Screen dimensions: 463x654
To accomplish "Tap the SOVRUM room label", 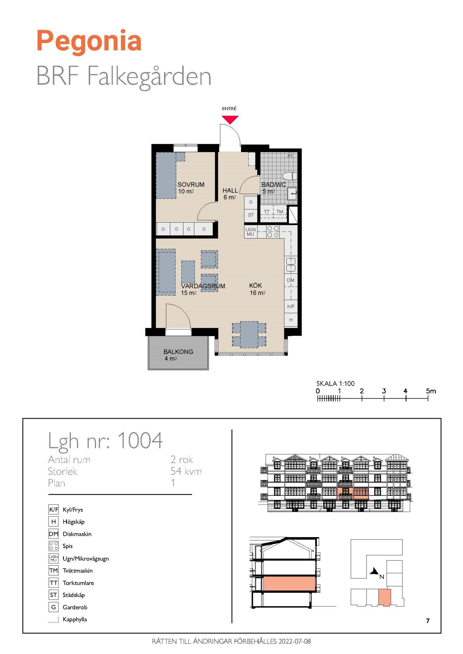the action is (191, 185).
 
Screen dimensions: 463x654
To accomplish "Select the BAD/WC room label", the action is (273, 185).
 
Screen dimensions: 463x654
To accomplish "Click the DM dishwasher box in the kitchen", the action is (291, 280).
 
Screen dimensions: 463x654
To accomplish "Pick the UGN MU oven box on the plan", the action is (251, 232).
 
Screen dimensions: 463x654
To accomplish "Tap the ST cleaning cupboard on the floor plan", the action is (251, 215).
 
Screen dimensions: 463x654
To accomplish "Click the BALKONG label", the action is (178, 352).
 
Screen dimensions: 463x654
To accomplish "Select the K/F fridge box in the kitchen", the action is (291, 306).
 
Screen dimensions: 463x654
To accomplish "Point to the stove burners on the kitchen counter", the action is (273, 232).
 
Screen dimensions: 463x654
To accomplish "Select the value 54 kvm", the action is (186, 471).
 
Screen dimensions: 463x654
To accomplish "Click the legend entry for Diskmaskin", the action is (77, 534).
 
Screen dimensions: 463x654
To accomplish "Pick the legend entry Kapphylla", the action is (75, 619).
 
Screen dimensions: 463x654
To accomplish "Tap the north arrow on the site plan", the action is (375, 571).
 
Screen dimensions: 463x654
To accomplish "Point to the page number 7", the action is (428, 621).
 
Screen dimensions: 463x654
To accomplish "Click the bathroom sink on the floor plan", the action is (292, 193).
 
